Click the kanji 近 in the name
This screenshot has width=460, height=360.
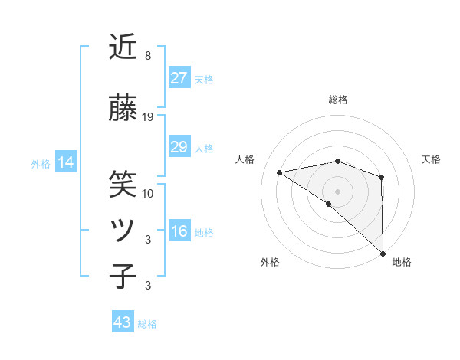(123, 47)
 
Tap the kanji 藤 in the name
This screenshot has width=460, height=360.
(123, 110)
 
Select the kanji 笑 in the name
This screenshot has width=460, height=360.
(123, 183)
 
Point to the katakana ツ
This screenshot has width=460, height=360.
(123, 230)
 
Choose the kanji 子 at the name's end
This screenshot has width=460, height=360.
(123, 276)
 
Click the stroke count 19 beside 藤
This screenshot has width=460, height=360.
(148, 117)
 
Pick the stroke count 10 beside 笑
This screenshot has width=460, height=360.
(148, 193)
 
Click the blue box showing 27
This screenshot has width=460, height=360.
(179, 78)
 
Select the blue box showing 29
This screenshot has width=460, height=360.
(179, 147)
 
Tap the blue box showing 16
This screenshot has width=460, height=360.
(179, 231)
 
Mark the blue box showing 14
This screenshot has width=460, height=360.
(65, 162)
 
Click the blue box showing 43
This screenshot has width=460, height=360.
(123, 322)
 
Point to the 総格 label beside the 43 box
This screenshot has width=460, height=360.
(147, 324)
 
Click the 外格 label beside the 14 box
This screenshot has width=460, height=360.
(41, 163)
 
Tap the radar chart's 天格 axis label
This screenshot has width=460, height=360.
(431, 159)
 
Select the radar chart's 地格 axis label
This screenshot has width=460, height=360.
(402, 262)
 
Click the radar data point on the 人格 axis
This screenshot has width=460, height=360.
(280, 172)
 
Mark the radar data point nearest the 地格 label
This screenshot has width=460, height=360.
(382, 252)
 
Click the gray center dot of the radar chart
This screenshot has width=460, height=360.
(337, 191)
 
